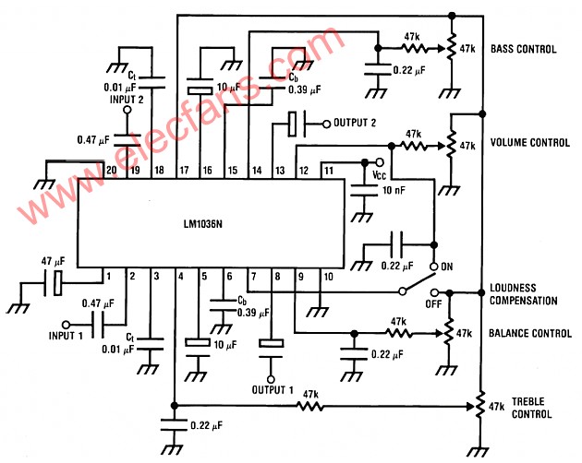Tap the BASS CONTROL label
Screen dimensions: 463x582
click(524, 48)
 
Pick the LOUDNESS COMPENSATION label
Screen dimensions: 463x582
click(523, 294)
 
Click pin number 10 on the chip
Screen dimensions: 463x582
click(327, 275)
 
